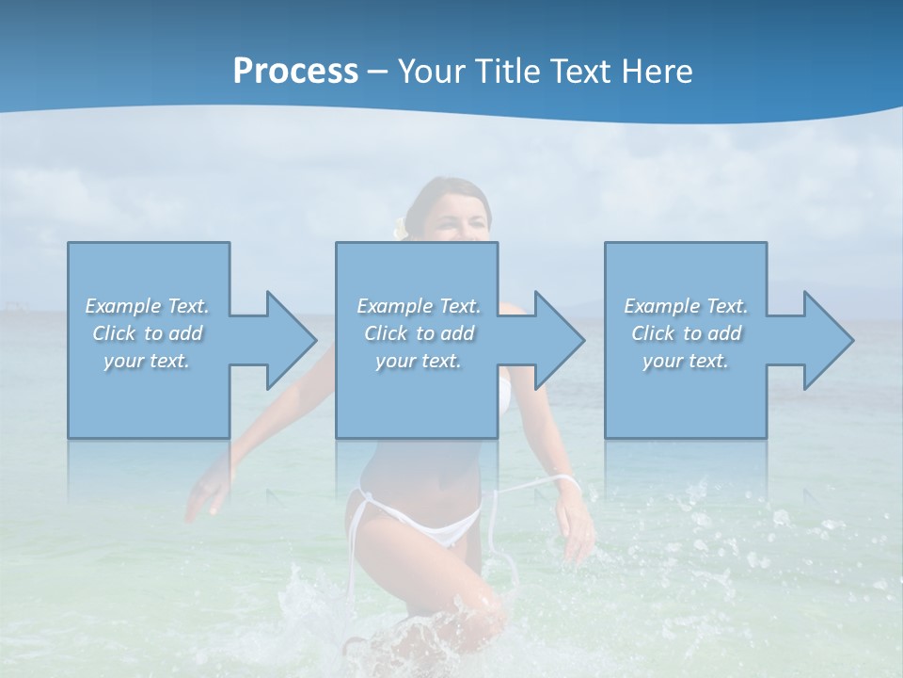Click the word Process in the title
point(295,72)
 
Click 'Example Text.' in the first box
point(147,306)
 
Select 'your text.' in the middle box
point(418,361)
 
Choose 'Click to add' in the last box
point(686,333)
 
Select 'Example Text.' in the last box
point(686,306)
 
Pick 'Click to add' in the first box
point(147,333)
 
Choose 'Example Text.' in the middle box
point(418,306)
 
